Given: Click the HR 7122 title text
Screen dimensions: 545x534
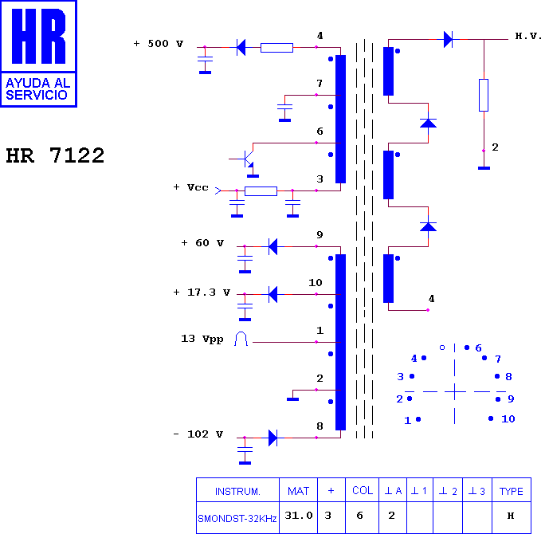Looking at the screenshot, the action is pos(55,155).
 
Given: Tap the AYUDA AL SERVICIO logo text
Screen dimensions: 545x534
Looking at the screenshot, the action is pos(38,89).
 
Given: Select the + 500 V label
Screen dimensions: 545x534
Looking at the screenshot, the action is pos(158,44).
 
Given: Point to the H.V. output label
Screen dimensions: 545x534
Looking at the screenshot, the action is pos(528,36).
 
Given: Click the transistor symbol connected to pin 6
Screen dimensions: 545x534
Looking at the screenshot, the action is pos(248,159).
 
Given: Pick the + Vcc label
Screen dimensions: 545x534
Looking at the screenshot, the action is pos(190,187).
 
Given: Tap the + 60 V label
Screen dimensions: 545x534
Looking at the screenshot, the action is pos(202,243).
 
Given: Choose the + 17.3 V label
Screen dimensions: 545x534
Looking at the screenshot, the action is pos(202,293).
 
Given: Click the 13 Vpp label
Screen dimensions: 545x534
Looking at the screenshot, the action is pos(202,339).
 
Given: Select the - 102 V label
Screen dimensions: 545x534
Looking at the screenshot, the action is pos(198,434).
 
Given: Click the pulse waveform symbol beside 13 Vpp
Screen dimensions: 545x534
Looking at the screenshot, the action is pos(241,339).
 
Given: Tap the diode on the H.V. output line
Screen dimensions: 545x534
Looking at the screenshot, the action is pos(448,39).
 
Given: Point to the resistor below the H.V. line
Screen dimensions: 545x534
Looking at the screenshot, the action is pos(484,96).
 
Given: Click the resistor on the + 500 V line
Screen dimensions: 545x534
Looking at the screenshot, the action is pos(276,48).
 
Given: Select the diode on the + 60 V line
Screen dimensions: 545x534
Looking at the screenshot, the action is pos(273,246).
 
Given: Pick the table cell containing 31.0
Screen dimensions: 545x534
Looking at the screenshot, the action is pos(299,517).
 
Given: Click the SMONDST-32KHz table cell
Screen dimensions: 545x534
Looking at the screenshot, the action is pos(237,517).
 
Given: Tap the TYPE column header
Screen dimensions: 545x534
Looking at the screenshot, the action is pos(512,490).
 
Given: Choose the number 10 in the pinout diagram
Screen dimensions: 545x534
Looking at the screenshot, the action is pos(508,419).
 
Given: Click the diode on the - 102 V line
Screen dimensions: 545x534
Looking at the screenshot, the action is pos(273,438).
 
